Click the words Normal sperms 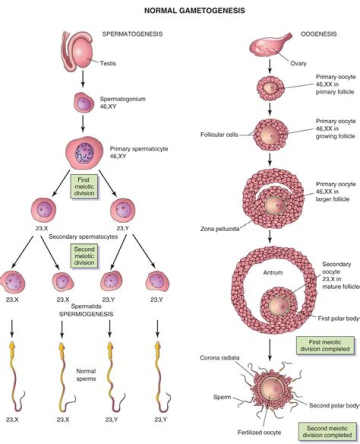(86, 375)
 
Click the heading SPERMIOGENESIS (84, 314)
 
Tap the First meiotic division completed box (322, 345)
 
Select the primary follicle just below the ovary (270, 88)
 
